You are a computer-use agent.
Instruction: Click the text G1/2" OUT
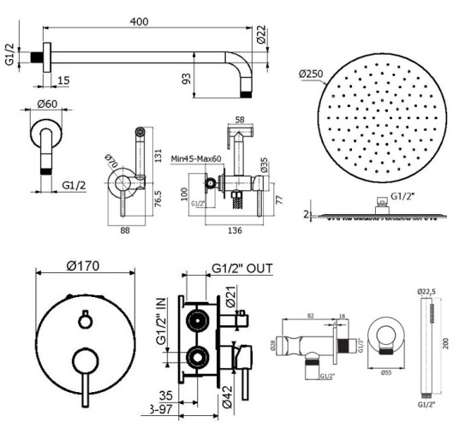point(241,268)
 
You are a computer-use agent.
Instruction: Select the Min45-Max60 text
point(195,159)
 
